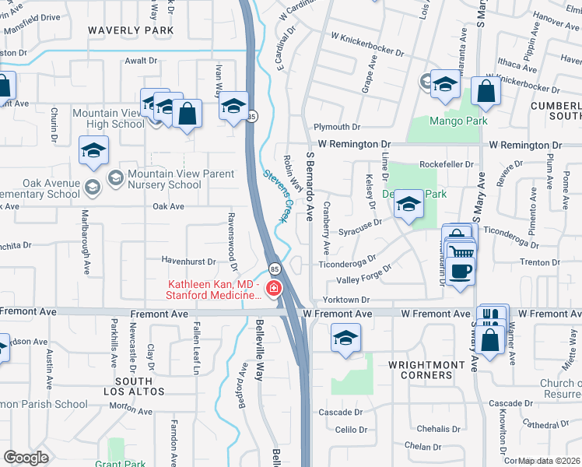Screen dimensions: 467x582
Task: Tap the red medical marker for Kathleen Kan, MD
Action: pos(273,290)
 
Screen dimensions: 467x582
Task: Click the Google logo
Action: pos(26,458)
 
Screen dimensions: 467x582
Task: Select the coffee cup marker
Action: pos(461,272)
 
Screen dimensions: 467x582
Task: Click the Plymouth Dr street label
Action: pos(337,127)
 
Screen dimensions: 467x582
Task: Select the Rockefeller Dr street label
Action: pos(446,165)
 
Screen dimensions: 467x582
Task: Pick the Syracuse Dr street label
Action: pos(360,232)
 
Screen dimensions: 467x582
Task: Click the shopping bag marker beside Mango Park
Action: pos(486,91)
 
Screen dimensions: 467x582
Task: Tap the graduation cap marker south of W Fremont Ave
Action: pos(345,339)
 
